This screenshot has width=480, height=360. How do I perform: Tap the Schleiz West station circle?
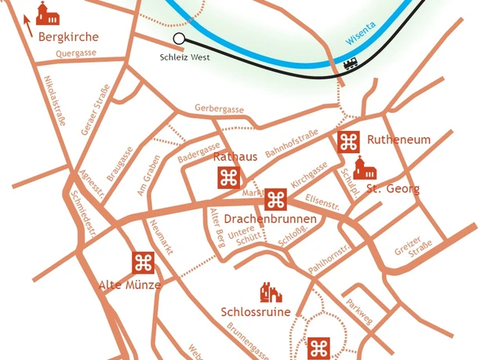[179, 38]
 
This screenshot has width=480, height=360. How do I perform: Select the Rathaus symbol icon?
[228, 178]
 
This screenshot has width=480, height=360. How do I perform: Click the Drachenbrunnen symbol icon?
[275, 199]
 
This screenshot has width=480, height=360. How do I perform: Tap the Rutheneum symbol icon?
[348, 141]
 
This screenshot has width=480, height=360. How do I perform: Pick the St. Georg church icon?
[362, 168]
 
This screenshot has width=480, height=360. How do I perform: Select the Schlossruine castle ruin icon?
[270, 293]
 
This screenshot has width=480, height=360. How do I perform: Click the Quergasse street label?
[76, 54]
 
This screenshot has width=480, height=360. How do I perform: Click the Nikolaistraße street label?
[54, 101]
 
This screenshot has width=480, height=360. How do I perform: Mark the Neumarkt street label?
[161, 235]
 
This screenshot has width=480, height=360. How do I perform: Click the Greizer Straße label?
[409, 249]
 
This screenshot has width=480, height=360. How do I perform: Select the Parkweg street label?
[360, 311]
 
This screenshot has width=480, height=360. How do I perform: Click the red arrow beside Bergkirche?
[28, 27]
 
